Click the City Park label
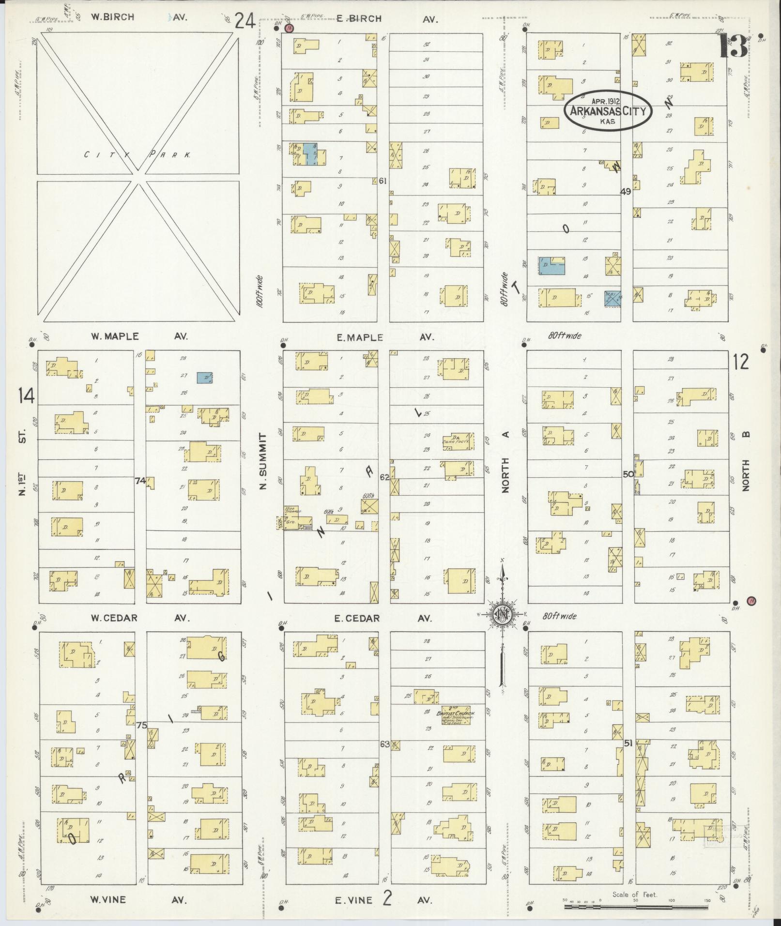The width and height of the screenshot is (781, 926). [x=138, y=155]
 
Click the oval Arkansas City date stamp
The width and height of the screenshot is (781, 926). [x=608, y=111]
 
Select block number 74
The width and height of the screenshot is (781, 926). [x=140, y=480]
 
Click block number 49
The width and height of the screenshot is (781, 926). [x=625, y=191]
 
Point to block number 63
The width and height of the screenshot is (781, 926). [x=384, y=744]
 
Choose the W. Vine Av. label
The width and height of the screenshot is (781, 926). [x=138, y=900]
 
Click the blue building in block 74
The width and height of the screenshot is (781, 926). [x=205, y=378]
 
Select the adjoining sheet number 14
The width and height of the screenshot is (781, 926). [x=26, y=396]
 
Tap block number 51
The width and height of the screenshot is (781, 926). [x=628, y=744]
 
